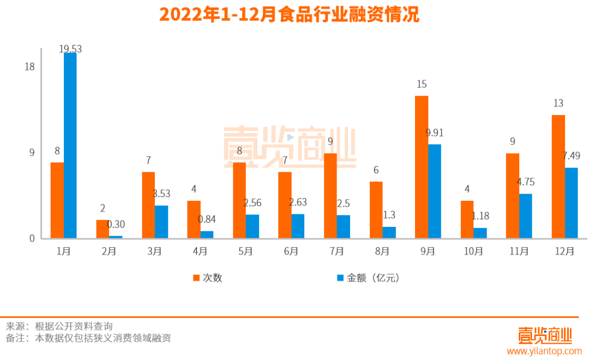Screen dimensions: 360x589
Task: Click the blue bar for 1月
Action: click(70, 146)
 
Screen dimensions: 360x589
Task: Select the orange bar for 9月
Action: click(422, 167)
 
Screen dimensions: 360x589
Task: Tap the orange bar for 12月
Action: click(558, 177)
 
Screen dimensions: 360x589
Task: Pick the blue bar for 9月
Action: click(435, 191)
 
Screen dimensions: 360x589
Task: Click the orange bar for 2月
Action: click(103, 229)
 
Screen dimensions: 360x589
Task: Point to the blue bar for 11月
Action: click(525, 216)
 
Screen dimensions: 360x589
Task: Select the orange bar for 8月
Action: click(376, 210)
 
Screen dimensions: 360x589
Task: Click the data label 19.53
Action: click(70, 49)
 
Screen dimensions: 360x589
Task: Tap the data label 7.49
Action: click(571, 156)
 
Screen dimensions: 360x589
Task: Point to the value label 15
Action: click(422, 85)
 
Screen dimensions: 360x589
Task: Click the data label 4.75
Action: click(525, 182)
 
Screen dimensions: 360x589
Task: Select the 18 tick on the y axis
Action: click(29, 67)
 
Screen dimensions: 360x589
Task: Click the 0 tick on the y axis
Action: click(31, 238)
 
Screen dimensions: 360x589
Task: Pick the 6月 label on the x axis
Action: click(291, 251)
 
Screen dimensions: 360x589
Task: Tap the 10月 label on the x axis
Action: click(473, 251)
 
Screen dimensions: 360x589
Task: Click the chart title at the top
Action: click(289, 15)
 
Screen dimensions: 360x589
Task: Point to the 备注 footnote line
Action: click(88, 338)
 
